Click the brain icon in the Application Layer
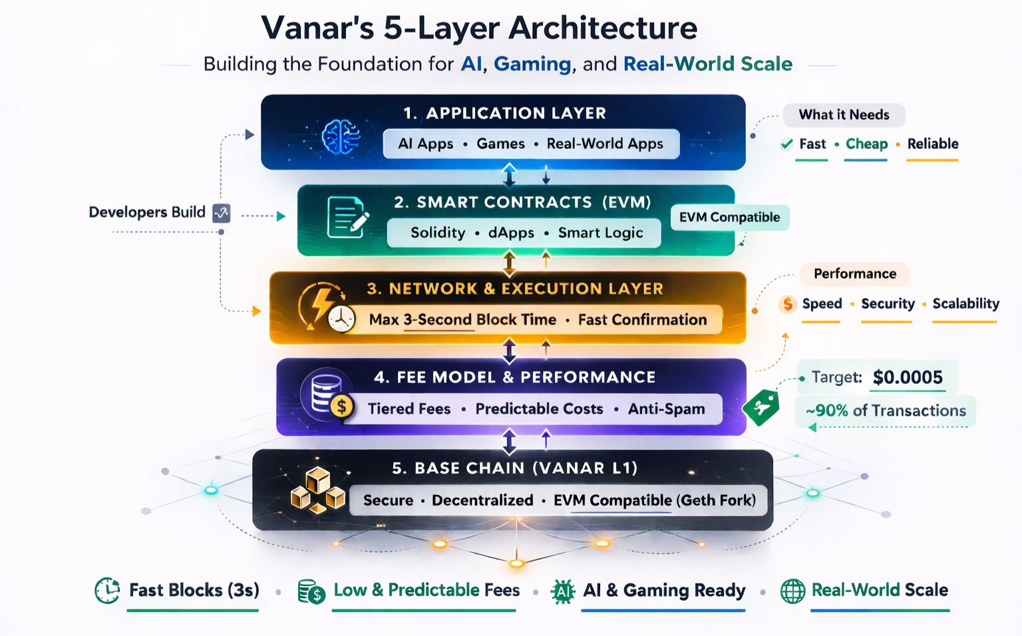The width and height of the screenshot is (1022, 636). click(341, 136)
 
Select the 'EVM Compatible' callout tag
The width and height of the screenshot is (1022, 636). click(729, 218)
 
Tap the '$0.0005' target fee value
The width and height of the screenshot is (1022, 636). click(908, 377)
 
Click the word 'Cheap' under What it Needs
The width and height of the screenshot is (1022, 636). click(866, 144)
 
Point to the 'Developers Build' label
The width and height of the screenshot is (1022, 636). click(147, 212)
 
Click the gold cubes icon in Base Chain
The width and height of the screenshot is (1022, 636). click(317, 490)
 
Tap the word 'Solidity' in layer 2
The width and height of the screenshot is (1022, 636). click(438, 233)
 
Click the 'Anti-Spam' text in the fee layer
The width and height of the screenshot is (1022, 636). click(666, 409)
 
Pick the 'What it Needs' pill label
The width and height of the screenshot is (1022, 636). click(844, 115)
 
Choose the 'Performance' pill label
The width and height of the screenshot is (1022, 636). click(855, 274)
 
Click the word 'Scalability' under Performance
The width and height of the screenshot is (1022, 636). click(965, 304)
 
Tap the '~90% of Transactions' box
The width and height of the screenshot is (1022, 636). click(886, 411)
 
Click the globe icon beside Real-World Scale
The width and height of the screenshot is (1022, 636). click(792, 591)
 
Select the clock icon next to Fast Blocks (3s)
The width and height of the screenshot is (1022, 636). click(107, 590)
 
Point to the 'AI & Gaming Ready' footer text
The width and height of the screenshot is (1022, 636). click(664, 590)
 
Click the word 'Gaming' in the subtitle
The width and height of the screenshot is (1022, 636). click(532, 64)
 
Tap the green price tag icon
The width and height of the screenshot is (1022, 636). click(761, 406)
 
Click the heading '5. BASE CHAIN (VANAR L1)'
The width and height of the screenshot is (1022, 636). click(514, 468)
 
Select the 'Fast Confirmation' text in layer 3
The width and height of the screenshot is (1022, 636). click(642, 320)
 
